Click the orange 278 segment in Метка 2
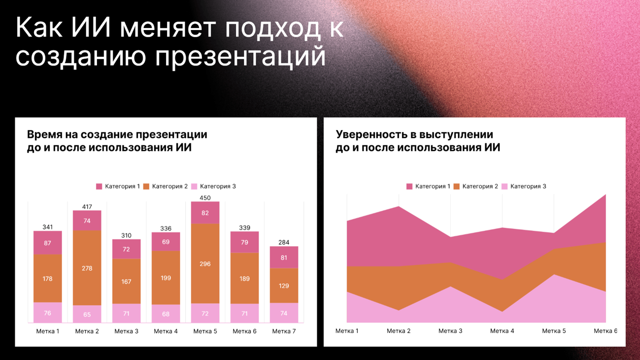pyautogui.click(x=87, y=268)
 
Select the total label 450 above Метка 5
pyautogui.click(x=205, y=198)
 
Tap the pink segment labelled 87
pyautogui.click(x=48, y=243)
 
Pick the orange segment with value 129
pyautogui.click(x=284, y=286)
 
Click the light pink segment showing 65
pyautogui.click(x=87, y=314)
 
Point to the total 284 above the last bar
pyautogui.click(x=284, y=242)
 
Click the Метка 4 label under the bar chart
pyautogui.click(x=165, y=331)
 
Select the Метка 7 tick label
pyautogui.click(x=284, y=331)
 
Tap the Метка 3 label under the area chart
pyautogui.click(x=450, y=331)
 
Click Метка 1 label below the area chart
pyautogui.click(x=347, y=331)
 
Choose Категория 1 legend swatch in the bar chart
pyautogui.click(x=99, y=186)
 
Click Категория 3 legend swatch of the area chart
pyautogui.click(x=504, y=186)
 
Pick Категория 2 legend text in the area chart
pyautogui.click(x=480, y=186)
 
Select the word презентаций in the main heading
pyautogui.click(x=240, y=56)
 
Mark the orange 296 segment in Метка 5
pyautogui.click(x=205, y=264)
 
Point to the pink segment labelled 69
pyautogui.click(x=165, y=242)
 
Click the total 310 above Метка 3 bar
pyautogui.click(x=126, y=236)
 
